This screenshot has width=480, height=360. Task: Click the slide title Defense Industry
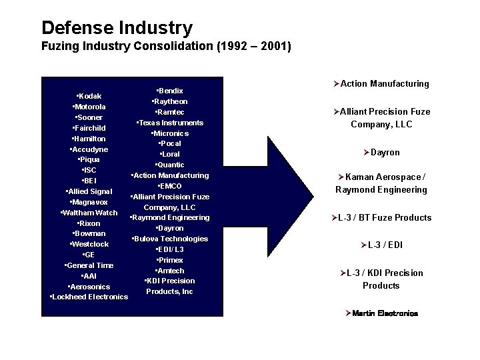[117, 28]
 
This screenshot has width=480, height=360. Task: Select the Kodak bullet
[89, 96]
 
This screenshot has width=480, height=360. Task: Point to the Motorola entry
[89, 107]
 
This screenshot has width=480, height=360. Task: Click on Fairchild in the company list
[89, 128]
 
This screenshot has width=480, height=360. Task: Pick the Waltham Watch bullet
[89, 213]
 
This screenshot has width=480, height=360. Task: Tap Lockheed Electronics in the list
[89, 297]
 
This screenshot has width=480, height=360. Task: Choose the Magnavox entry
[89, 202]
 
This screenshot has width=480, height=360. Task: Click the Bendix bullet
[169, 91]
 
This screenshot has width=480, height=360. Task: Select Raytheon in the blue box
[169, 101]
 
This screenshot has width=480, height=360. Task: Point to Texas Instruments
[169, 123]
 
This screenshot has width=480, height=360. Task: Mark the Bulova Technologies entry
[170, 239]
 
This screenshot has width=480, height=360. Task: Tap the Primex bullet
[169, 260]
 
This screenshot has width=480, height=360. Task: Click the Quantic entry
[169, 165]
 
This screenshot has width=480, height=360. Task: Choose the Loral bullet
[169, 154]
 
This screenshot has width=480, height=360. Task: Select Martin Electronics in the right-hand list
[382, 313]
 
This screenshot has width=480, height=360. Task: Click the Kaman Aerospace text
[383, 177]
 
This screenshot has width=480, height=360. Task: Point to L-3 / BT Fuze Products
[382, 218]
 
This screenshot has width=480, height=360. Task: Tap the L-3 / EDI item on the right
[382, 245]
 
